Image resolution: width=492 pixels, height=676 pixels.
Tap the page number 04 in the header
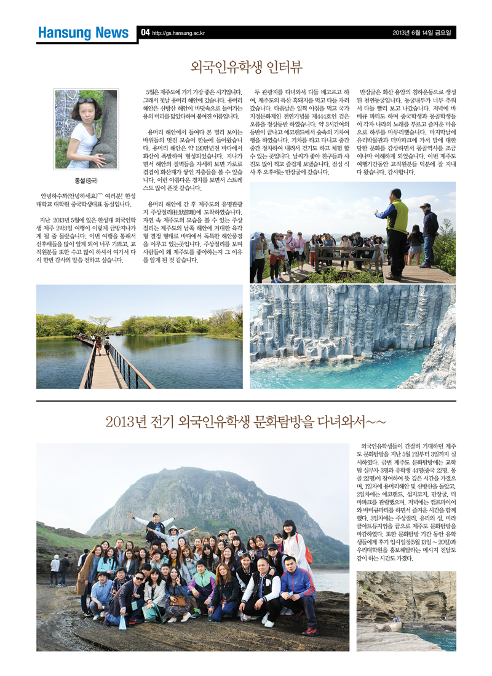pyautogui.click(x=145, y=32)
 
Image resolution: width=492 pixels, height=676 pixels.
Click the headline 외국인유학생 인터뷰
pyautogui.click(x=246, y=66)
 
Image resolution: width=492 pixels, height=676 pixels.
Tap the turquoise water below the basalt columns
pyautogui.click(x=344, y=369)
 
